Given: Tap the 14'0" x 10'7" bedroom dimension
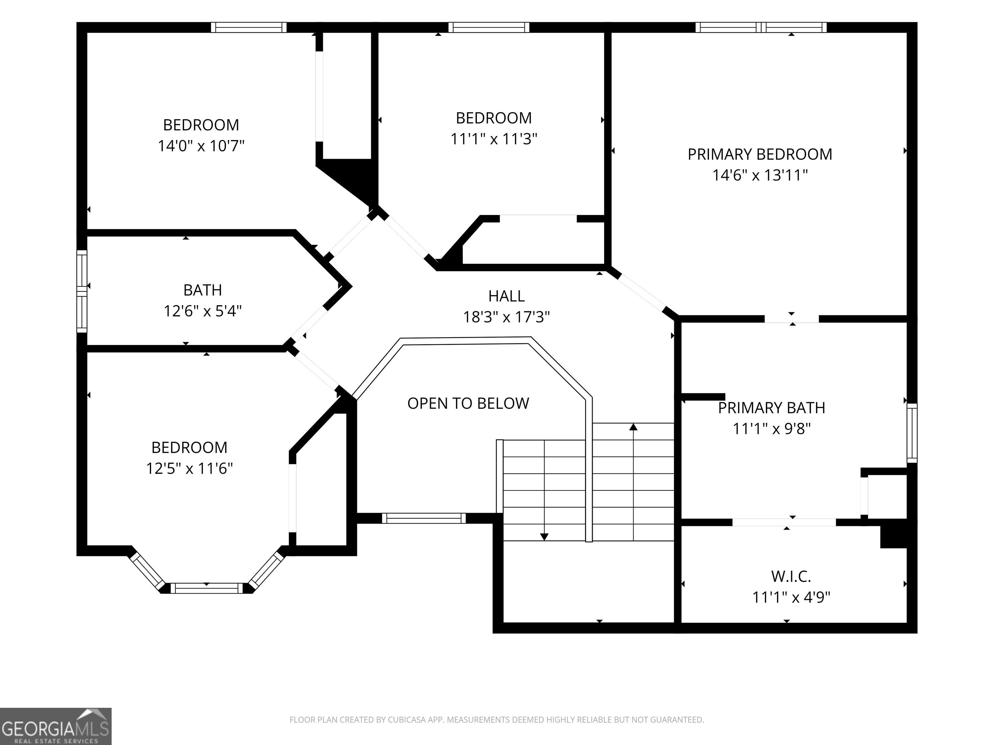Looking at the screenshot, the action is click(201, 146).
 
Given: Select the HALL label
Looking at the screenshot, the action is click(506, 296).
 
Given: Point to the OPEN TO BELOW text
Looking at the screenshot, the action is click(468, 403).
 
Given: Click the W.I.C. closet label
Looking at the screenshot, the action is click(791, 576).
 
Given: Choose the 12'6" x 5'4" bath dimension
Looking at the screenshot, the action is click(203, 311).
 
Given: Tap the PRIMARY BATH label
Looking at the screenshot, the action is click(772, 408).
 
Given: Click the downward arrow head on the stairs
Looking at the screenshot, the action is click(544, 537).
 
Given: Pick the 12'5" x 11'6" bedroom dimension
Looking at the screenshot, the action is click(189, 469).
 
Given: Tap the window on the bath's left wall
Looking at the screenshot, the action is click(82, 291).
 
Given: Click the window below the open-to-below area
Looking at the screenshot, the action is click(424, 518).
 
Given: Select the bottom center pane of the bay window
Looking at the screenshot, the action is click(207, 588).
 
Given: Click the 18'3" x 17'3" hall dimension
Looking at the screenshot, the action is click(506, 317).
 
